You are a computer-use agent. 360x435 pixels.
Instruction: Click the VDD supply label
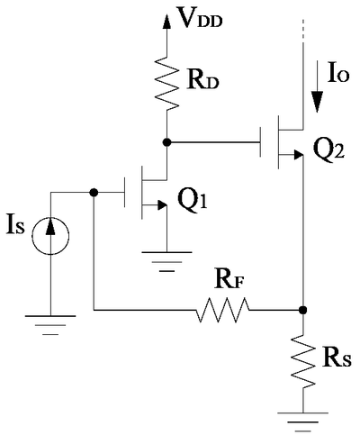(200, 18)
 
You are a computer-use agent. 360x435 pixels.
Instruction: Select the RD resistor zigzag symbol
(166, 83)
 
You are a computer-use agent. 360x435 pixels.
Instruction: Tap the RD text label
(202, 81)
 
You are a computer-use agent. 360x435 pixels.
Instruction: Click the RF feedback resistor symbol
(222, 310)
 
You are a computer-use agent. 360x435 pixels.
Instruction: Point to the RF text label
(229, 280)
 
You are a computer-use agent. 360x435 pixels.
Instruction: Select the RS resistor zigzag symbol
(303, 362)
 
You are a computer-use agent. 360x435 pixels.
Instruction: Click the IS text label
(15, 226)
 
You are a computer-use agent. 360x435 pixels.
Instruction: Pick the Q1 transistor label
(193, 201)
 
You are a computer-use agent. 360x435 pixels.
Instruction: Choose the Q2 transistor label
(328, 151)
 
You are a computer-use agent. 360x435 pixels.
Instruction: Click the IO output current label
(338, 74)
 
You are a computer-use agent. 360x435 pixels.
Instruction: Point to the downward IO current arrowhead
(317, 102)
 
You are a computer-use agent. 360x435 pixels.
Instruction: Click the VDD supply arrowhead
(166, 21)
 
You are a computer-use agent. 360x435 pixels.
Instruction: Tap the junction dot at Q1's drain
(166, 142)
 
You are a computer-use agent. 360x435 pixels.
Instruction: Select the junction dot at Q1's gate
(94, 192)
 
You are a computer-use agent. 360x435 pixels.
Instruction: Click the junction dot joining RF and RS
(303, 310)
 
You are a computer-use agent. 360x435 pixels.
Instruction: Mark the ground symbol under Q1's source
(166, 261)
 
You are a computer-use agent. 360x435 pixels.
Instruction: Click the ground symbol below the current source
(50, 325)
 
